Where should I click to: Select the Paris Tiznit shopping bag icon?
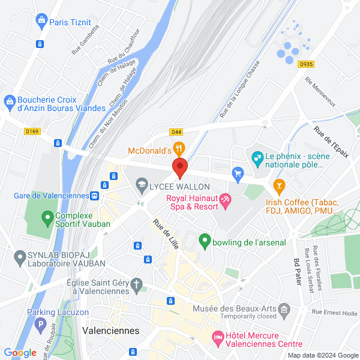pyautogui.click(x=41, y=22)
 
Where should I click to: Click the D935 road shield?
pyautogui.click(x=306, y=64)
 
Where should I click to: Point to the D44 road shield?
pyautogui.click(x=176, y=132)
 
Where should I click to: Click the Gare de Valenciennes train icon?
pyautogui.click(x=95, y=196)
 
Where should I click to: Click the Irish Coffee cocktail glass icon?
pyautogui.click(x=278, y=184)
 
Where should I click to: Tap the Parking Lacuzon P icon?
pyautogui.click(x=40, y=325)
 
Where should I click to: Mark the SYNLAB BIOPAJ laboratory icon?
pyautogui.click(x=19, y=258)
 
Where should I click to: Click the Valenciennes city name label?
pyautogui.click(x=110, y=331)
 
